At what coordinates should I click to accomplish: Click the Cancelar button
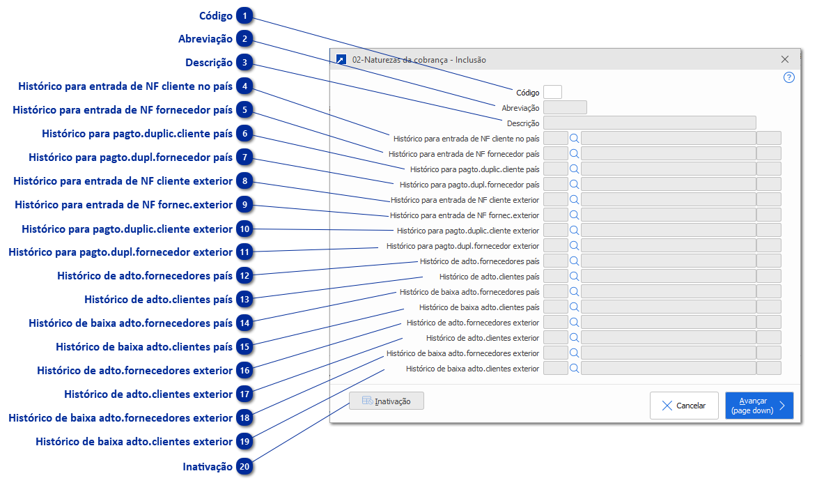click(684, 406)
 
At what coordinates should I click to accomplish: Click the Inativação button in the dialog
click(387, 401)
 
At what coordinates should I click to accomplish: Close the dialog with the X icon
click(785, 60)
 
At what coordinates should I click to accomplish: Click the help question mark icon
click(788, 77)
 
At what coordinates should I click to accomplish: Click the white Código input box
click(552, 92)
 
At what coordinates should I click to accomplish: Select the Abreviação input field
click(565, 107)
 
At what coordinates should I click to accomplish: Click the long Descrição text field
click(649, 123)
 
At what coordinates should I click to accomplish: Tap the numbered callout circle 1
click(244, 16)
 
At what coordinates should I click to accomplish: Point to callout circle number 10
click(244, 229)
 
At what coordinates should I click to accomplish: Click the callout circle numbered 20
click(244, 467)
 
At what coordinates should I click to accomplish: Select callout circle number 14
click(244, 323)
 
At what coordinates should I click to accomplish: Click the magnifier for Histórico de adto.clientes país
click(575, 276)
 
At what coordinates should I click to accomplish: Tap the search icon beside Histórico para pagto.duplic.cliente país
click(575, 169)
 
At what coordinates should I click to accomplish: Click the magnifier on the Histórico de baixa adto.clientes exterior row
click(575, 368)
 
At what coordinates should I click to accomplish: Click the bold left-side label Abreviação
click(205, 39)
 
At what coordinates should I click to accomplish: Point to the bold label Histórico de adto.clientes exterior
click(148, 394)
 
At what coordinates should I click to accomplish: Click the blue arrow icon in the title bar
click(341, 60)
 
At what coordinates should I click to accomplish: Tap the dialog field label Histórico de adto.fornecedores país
click(479, 261)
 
